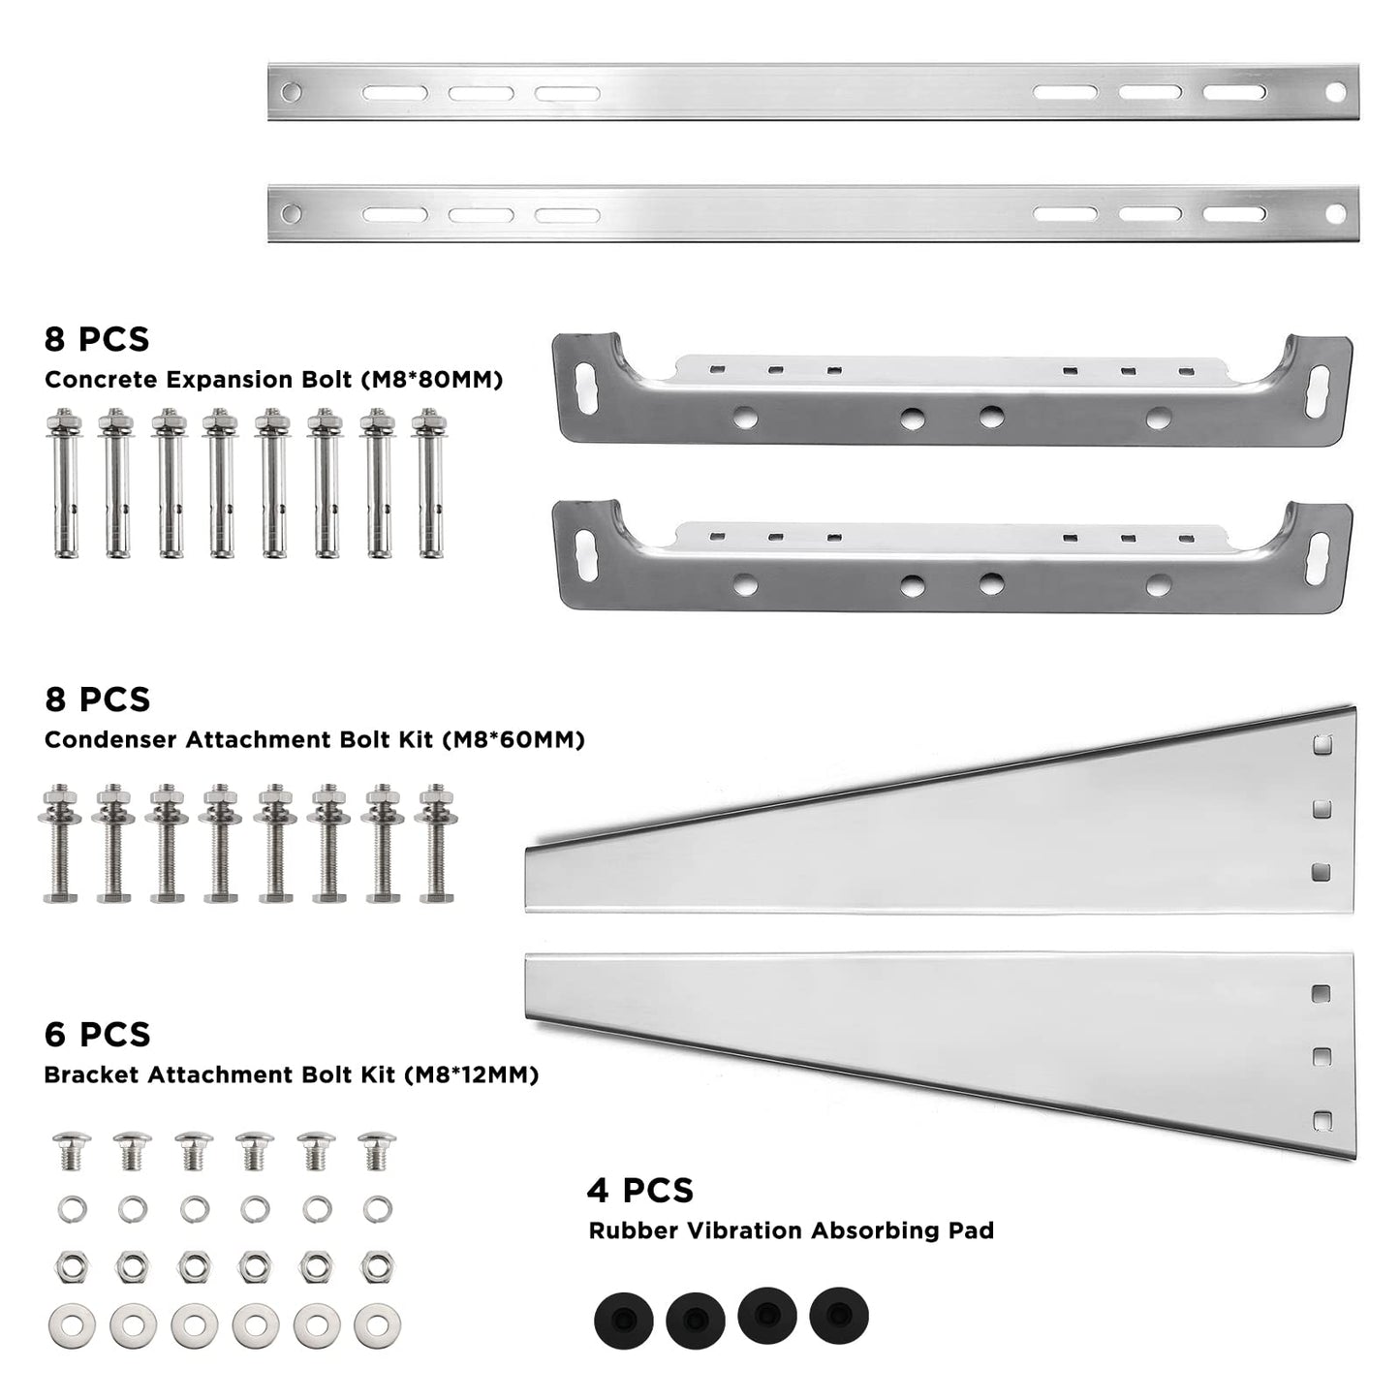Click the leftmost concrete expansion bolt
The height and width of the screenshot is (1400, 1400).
(x=64, y=482)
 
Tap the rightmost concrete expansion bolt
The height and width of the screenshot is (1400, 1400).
(x=429, y=482)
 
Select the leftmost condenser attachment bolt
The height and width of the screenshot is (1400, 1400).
(x=60, y=843)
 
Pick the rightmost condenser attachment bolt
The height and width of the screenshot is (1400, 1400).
(x=436, y=843)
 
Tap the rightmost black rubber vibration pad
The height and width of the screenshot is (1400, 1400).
(x=839, y=1316)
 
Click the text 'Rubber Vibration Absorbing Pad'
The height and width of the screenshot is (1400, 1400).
(x=792, y=1230)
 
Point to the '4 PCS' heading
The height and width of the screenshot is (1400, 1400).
(x=640, y=1190)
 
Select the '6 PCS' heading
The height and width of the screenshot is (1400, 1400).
(x=97, y=1035)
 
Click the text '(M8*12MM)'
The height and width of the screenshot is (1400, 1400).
(x=472, y=1074)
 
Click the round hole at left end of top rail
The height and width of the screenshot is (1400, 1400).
(x=292, y=92)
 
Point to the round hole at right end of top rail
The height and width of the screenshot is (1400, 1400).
(x=1336, y=92)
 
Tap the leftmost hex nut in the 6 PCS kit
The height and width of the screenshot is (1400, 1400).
(x=71, y=1267)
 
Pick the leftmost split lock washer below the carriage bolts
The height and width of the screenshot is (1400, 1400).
(x=72, y=1209)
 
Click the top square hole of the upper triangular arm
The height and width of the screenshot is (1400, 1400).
(x=1322, y=745)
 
